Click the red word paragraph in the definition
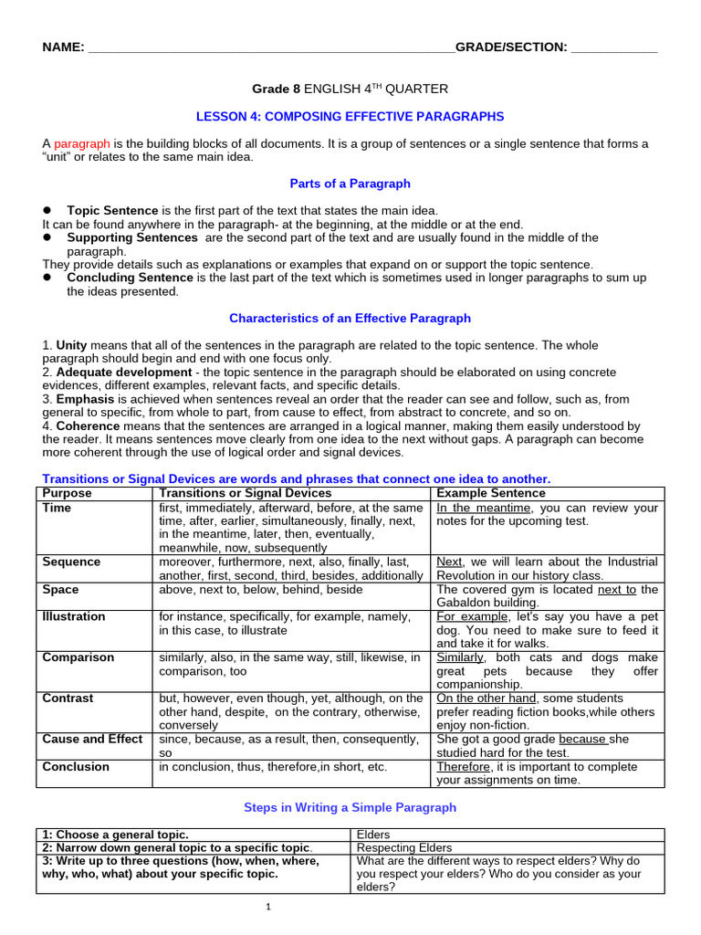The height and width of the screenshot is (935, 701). [82, 144]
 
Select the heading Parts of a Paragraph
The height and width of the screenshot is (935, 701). [350, 184]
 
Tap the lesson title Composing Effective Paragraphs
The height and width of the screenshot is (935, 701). [350, 117]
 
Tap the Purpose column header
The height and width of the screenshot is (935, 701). [68, 493]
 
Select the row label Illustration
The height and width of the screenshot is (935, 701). [74, 616]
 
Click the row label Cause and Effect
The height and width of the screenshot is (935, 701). [92, 739]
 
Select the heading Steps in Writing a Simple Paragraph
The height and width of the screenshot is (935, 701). [350, 808]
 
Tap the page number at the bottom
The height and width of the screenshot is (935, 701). [269, 907]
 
